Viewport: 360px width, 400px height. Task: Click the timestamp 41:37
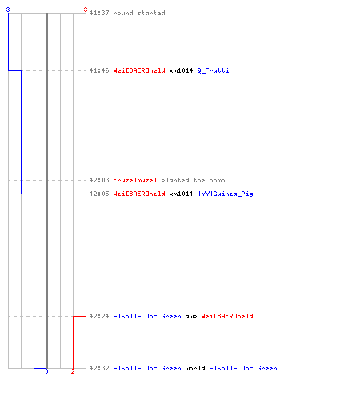(x=99, y=13)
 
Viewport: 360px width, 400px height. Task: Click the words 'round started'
(x=139, y=13)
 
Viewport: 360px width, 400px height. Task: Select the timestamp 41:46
(x=99, y=70)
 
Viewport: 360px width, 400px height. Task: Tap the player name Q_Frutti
(x=213, y=70)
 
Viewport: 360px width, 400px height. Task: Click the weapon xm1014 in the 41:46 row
(x=181, y=70)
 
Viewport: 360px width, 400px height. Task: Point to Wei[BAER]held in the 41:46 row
(x=139, y=70)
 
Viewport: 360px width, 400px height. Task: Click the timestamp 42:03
(x=99, y=180)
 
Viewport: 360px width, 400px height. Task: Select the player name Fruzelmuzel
(x=135, y=180)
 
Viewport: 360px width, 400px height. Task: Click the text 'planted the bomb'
(x=193, y=180)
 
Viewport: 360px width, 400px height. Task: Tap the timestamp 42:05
(x=99, y=194)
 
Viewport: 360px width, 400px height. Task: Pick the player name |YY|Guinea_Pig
(x=226, y=194)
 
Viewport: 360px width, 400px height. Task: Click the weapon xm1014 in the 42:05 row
(x=181, y=194)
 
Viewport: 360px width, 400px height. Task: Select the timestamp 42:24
(x=99, y=316)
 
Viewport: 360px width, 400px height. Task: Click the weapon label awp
(x=191, y=317)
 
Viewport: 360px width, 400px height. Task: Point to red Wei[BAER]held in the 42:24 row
(x=227, y=316)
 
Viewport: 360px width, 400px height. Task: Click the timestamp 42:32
(x=99, y=368)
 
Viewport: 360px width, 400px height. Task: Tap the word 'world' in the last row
(x=195, y=368)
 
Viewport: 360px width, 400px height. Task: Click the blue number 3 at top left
(x=8, y=10)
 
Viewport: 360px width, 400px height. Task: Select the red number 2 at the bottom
(x=73, y=371)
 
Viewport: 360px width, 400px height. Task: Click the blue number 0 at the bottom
(x=46, y=371)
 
